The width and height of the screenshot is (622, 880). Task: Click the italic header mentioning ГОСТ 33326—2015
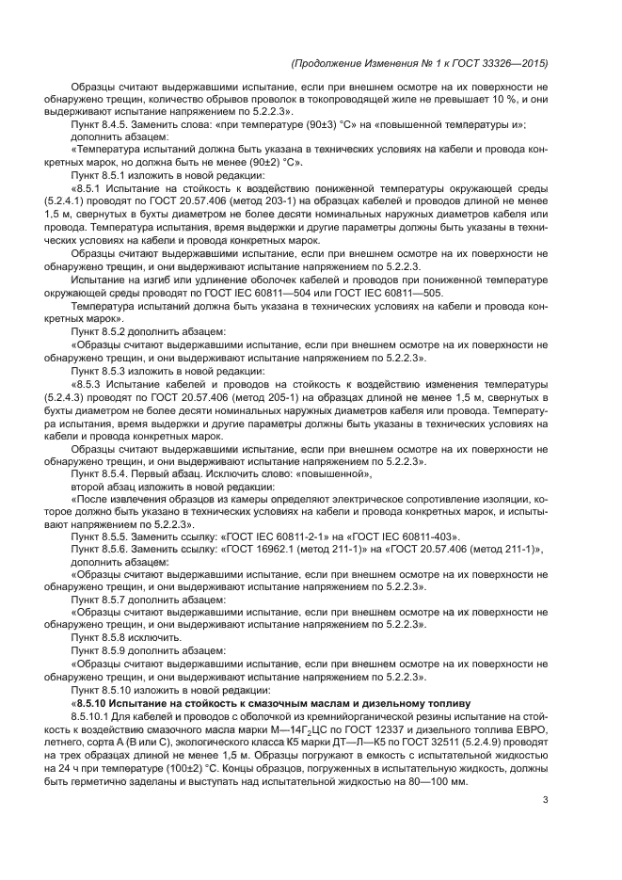click(x=420, y=63)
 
